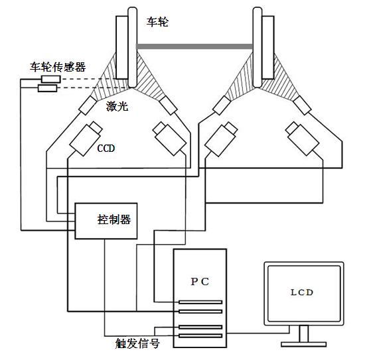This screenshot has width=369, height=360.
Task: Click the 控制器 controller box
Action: tap(106, 221)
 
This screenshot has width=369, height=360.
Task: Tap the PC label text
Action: tap(200, 282)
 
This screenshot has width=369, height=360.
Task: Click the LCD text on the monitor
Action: tap(302, 292)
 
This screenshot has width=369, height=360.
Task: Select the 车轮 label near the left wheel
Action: tap(157, 22)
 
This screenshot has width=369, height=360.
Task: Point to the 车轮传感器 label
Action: tap(58, 67)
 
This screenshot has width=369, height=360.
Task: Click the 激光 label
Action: tap(117, 107)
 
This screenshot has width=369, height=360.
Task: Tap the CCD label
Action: tap(106, 149)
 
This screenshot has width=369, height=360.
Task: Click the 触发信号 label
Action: tap(137, 343)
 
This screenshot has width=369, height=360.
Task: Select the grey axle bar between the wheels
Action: tap(194, 46)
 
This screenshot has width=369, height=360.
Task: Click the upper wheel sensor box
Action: tap(51, 80)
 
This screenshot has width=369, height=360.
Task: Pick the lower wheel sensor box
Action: tap(47, 88)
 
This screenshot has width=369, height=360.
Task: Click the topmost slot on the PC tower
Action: tap(200, 302)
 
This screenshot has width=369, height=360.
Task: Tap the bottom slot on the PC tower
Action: tap(200, 335)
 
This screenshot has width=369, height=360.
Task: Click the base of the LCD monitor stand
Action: tap(303, 344)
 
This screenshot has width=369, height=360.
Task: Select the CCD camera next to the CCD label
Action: tap(86, 139)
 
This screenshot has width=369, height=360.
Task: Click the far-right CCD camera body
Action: tap(302, 139)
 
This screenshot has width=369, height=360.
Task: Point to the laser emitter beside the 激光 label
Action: tap(88, 105)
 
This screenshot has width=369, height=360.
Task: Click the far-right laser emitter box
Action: tap(302, 105)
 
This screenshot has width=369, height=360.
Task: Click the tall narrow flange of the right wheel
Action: tap(258, 47)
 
